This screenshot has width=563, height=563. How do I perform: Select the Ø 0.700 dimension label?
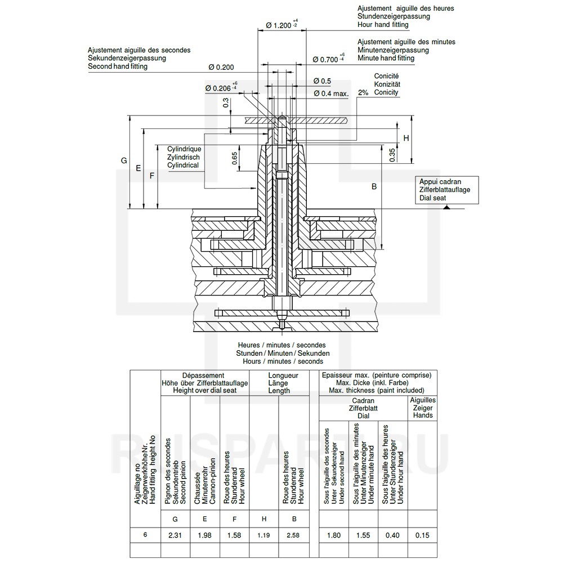pyautogui.click(x=328, y=59)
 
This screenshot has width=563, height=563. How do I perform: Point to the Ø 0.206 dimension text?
pyautogui.click(x=221, y=88)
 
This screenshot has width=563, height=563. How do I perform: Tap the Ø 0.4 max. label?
pyautogui.click(x=331, y=93)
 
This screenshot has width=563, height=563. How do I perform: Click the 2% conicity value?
pyautogui.click(x=363, y=93)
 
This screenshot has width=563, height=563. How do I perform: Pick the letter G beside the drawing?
pyautogui.click(x=124, y=160)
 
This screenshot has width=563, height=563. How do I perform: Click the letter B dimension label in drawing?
pyautogui.click(x=374, y=187)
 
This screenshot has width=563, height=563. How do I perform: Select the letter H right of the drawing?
pyautogui.click(x=406, y=138)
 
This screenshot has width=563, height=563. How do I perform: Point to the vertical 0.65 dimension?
pyautogui.click(x=234, y=158)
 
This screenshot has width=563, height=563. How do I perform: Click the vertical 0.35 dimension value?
pyautogui.click(x=392, y=155)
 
